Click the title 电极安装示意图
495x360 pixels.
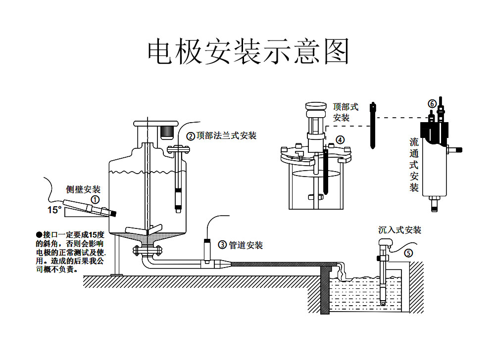pos(248,51)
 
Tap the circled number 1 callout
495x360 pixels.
pos(95,200)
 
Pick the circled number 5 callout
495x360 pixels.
pos(408,253)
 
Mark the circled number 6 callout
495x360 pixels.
pos(432,104)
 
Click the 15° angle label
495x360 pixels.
pos(55,210)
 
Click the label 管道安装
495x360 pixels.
pos(246,245)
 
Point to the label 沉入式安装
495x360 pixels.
pos(399,230)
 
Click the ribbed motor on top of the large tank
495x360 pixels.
pos(166,132)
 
